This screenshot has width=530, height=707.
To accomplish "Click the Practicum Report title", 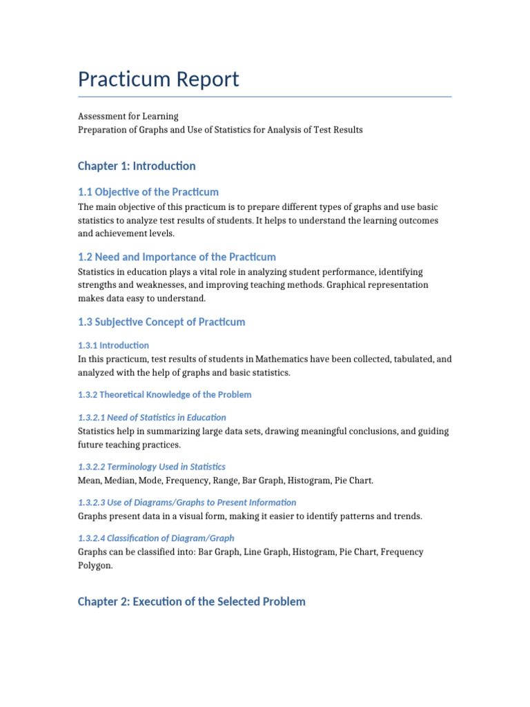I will (x=158, y=79).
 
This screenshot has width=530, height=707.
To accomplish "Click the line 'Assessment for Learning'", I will (x=128, y=116).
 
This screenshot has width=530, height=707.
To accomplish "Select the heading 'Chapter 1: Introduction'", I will (x=137, y=166).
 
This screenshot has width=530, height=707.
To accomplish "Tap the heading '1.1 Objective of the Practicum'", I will (x=148, y=192).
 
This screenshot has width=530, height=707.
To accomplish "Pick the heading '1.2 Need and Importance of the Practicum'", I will (x=177, y=257).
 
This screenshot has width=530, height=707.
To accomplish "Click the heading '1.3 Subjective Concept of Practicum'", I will (x=161, y=322).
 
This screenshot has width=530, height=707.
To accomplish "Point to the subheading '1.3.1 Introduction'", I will (x=113, y=345).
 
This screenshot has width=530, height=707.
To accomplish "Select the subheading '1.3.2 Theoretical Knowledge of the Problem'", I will (x=164, y=395).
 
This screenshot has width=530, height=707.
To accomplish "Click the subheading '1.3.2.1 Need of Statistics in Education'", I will (x=152, y=417).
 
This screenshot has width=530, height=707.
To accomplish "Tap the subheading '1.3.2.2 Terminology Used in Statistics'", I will (x=152, y=467).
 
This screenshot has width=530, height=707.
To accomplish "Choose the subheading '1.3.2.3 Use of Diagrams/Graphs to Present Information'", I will (x=187, y=503).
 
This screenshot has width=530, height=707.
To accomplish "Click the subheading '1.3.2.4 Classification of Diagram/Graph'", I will (x=156, y=538).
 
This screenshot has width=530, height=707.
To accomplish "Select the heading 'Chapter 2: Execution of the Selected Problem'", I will (x=192, y=601).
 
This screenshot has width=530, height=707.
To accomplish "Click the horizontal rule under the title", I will (x=265, y=97).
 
